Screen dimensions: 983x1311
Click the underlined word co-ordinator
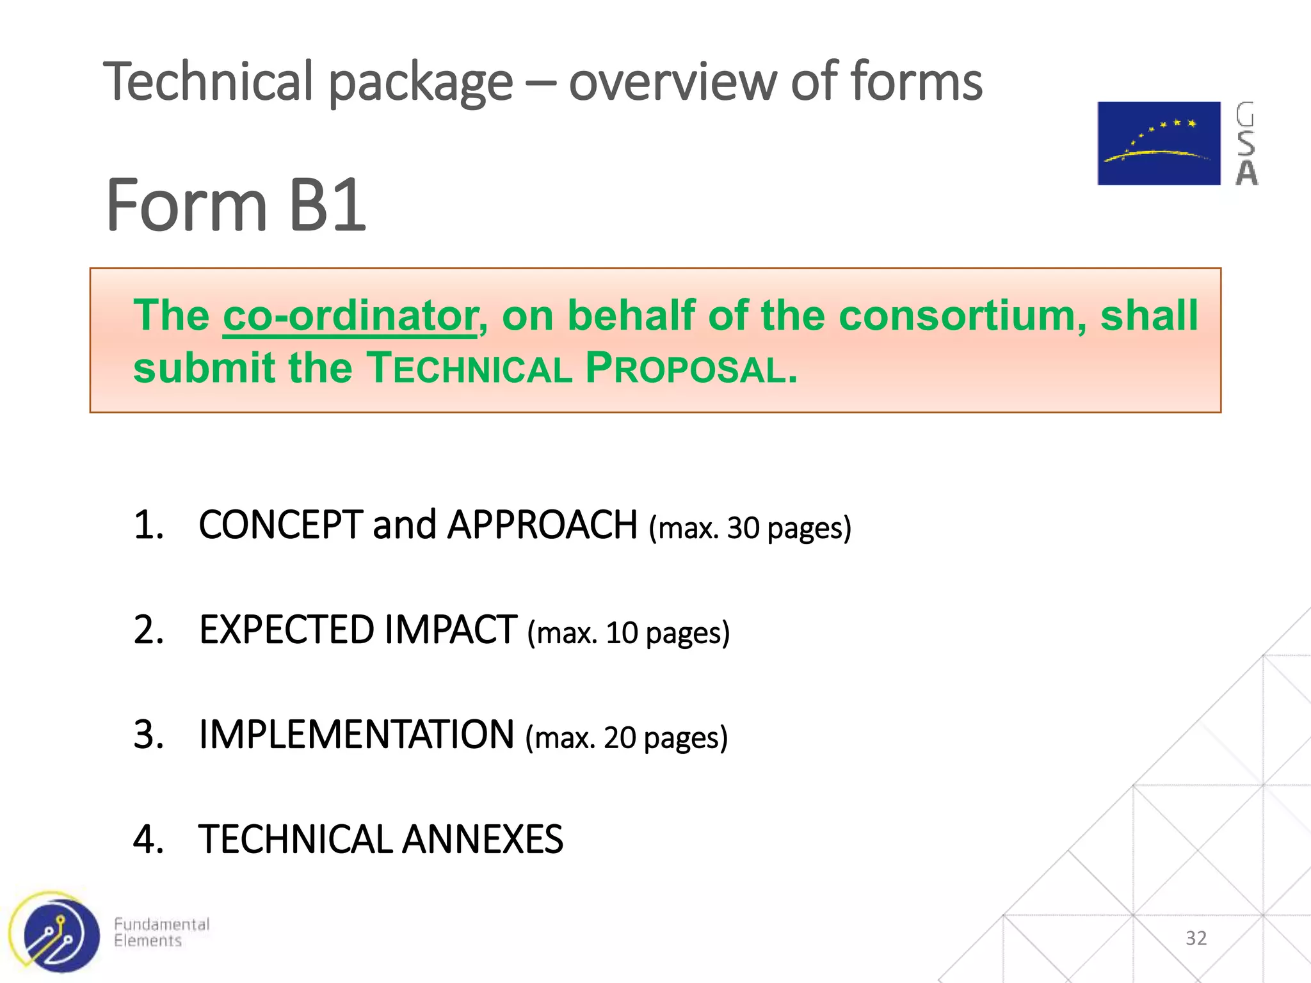(x=350, y=316)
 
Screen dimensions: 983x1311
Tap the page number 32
(x=1196, y=938)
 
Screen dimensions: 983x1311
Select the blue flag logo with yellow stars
(x=1159, y=143)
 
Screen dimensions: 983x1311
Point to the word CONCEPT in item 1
(x=280, y=525)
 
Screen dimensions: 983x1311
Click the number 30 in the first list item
(x=743, y=529)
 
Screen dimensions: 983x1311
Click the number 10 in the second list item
(x=622, y=633)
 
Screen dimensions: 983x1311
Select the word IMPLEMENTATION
(x=356, y=735)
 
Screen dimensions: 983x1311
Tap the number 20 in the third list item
(x=619, y=738)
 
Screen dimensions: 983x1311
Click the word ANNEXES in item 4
(x=483, y=840)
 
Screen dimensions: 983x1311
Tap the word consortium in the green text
(x=961, y=316)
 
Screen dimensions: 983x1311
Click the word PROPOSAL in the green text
(x=691, y=369)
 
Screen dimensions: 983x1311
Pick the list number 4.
(x=148, y=840)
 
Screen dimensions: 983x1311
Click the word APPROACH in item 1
(x=542, y=525)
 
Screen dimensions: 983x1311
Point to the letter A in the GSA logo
(x=1246, y=172)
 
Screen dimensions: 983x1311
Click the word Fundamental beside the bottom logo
(x=161, y=924)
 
